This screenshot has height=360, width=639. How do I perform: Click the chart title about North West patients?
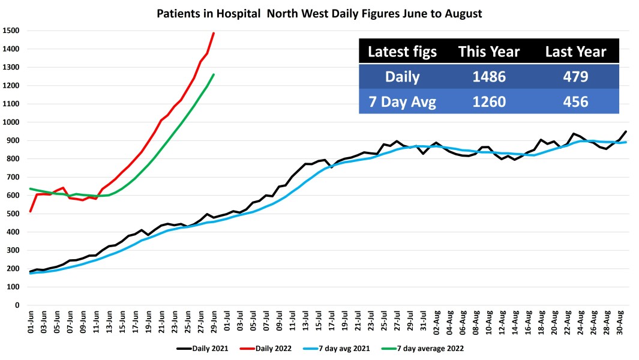[319, 13]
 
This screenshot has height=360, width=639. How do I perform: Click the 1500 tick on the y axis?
[11, 31]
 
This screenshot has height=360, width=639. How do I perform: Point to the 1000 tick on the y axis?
[11, 122]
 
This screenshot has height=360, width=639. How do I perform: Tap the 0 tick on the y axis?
[17, 305]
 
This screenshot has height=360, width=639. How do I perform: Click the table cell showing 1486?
[490, 77]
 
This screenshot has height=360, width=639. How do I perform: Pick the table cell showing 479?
[575, 77]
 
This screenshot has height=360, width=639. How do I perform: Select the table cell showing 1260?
[490, 101]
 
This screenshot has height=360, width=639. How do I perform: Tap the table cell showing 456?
[575, 101]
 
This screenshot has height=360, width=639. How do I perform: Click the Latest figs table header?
[402, 52]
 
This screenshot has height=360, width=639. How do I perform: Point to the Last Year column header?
[575, 52]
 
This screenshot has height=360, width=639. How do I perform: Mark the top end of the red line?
[214, 33]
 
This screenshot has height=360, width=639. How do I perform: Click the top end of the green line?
[214, 74]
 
